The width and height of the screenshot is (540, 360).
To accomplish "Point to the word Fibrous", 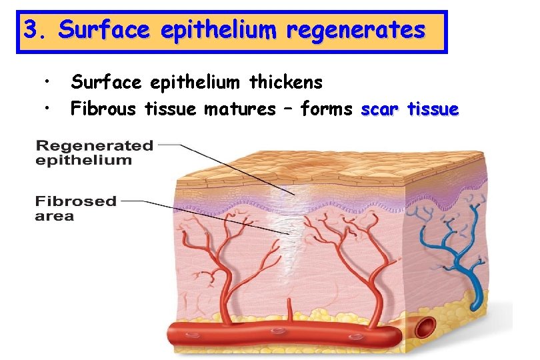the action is point(105,108).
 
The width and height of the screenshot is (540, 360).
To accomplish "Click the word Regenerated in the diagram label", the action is point(94,145).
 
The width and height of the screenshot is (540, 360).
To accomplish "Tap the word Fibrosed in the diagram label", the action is point(76,201).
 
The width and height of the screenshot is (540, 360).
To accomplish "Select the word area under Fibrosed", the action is point(55,216).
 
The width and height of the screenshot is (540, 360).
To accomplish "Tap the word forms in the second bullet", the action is point(325,108).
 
